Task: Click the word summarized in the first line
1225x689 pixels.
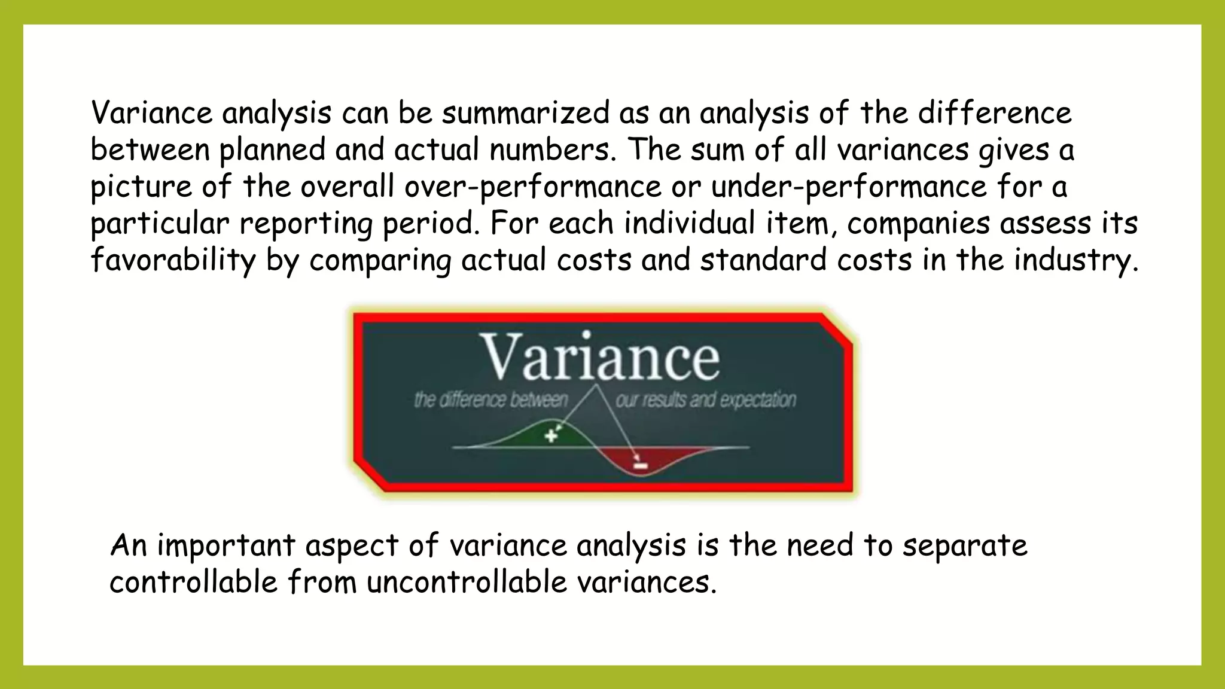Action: tap(525, 114)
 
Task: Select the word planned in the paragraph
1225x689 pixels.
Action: tap(272, 150)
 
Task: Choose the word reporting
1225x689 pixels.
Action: tap(306, 224)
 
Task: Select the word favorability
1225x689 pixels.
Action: tap(173, 261)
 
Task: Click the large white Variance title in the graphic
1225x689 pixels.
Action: tap(599, 357)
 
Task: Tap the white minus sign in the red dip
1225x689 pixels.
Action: tap(641, 465)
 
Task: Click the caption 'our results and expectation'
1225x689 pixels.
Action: tap(706, 400)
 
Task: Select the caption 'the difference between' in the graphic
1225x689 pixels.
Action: tap(491, 400)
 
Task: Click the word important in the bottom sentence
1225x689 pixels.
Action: tap(226, 546)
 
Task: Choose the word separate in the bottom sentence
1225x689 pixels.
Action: tap(964, 546)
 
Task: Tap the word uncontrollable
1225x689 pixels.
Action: tap(467, 582)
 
